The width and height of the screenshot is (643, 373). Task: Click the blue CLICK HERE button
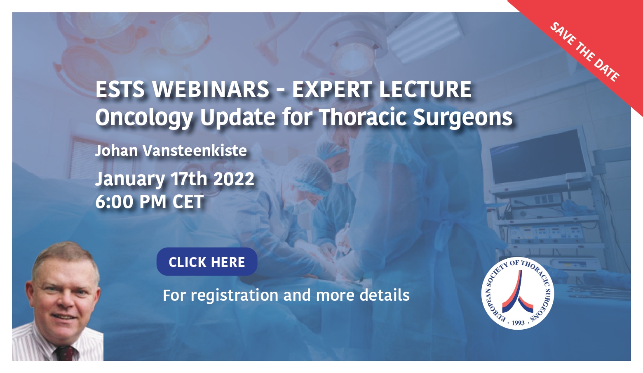[x=207, y=262]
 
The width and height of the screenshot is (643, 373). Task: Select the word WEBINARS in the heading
[x=211, y=90]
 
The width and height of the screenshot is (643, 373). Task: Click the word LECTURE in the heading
[x=425, y=90]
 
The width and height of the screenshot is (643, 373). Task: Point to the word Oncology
[x=144, y=118]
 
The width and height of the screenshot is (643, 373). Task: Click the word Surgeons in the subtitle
[x=463, y=118]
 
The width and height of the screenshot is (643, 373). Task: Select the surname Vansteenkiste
[x=195, y=150]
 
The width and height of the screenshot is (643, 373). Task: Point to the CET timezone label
[x=188, y=201]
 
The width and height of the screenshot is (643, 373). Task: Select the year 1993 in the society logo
[x=518, y=323]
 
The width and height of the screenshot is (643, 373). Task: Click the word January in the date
[x=130, y=179]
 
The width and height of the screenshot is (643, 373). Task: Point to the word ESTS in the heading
[x=120, y=90]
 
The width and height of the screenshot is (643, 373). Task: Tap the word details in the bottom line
[x=385, y=295]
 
